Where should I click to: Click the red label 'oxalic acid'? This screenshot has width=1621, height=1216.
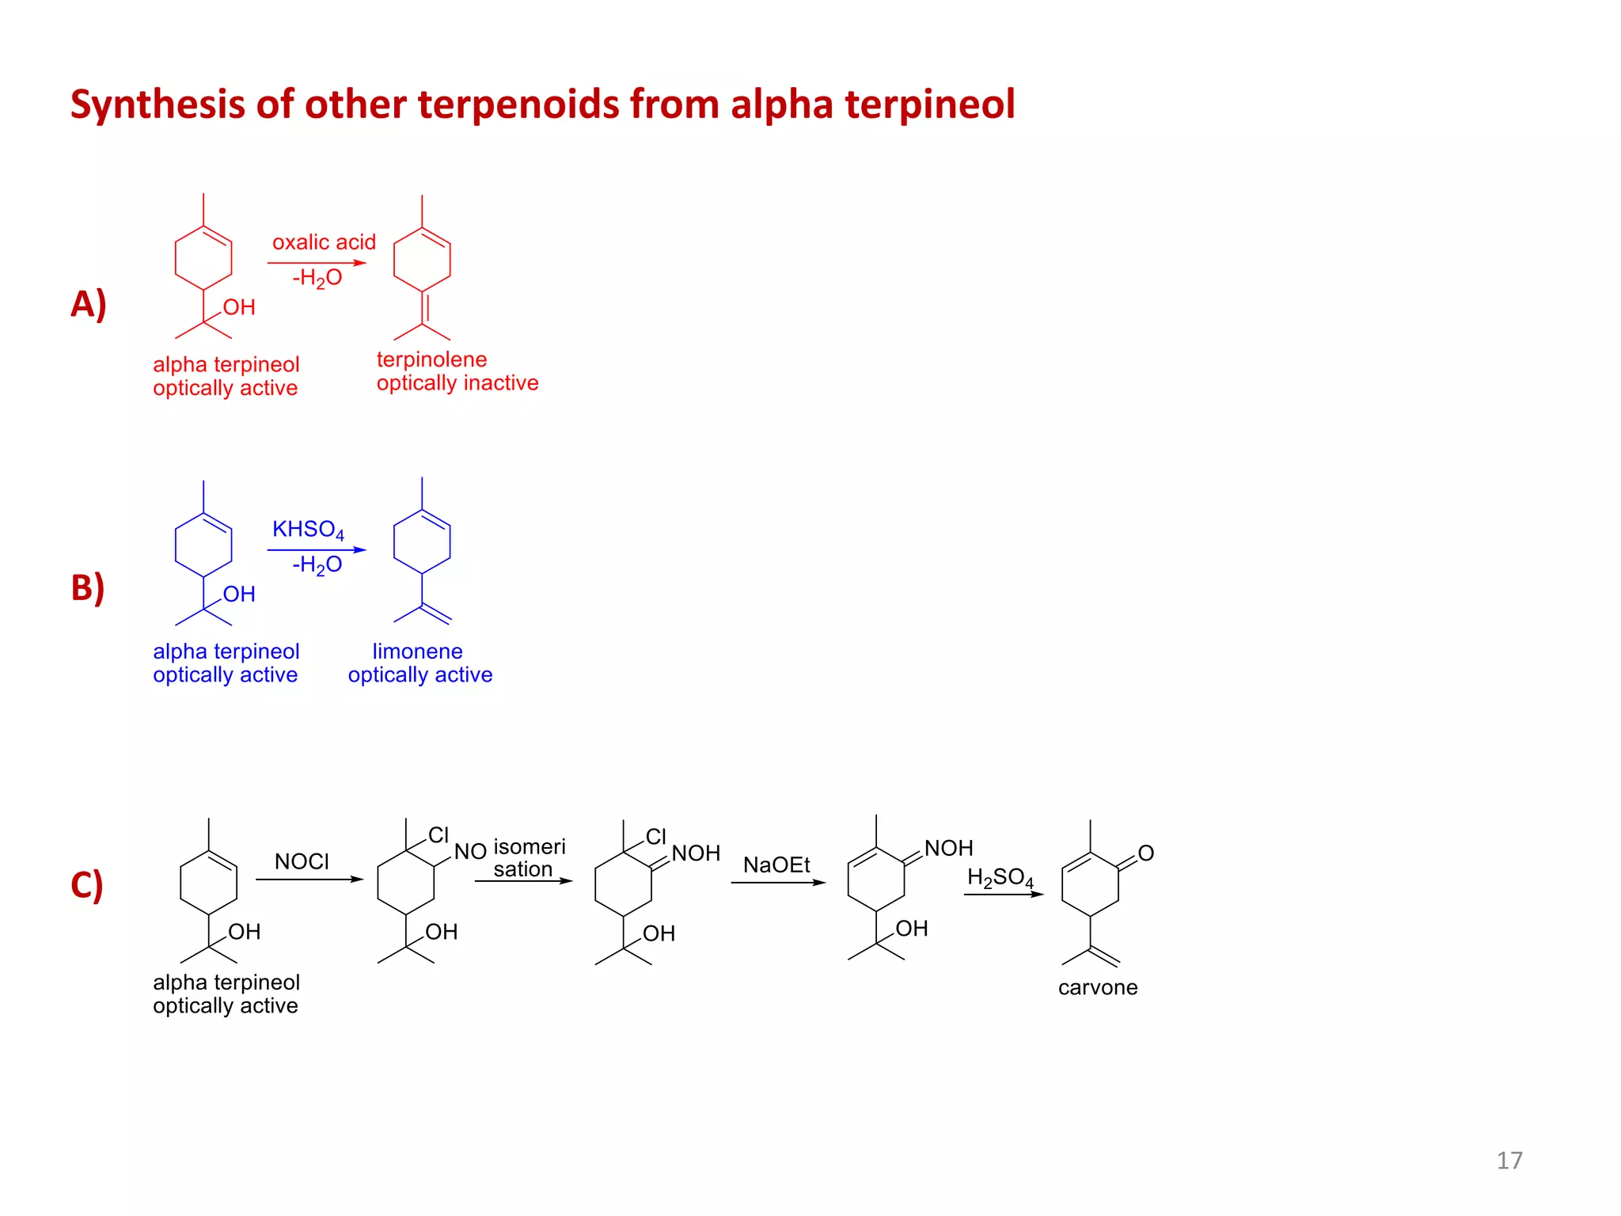coord(324,242)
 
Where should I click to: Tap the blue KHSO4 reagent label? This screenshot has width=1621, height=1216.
coord(308,530)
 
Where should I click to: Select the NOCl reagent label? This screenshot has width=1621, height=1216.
coord(302,861)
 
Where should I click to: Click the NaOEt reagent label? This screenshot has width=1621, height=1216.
coord(776,864)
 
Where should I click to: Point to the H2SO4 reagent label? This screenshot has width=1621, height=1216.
coord(1000,877)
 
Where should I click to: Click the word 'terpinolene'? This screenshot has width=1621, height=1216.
coord(431,359)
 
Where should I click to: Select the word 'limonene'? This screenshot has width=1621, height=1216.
coord(417,652)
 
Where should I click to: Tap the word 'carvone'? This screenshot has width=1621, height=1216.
coord(1098,987)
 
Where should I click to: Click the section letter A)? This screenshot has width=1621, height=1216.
coord(88,304)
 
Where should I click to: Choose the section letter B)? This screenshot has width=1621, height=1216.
coord(87,588)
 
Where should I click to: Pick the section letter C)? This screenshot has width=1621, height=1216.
coord(87,885)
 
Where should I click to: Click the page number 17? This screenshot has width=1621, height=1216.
coord(1509,1161)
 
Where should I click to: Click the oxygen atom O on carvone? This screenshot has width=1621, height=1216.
coord(1145,853)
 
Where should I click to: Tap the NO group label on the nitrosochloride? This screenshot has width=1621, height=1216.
coord(470,852)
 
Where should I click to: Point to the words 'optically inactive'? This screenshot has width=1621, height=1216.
coord(457,383)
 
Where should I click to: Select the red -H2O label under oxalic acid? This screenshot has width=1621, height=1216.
coord(317,278)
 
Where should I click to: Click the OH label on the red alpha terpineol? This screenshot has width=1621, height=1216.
coord(239,307)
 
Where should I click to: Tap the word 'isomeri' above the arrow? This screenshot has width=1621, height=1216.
coord(530,847)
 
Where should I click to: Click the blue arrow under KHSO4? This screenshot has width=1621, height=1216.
coord(317,549)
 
